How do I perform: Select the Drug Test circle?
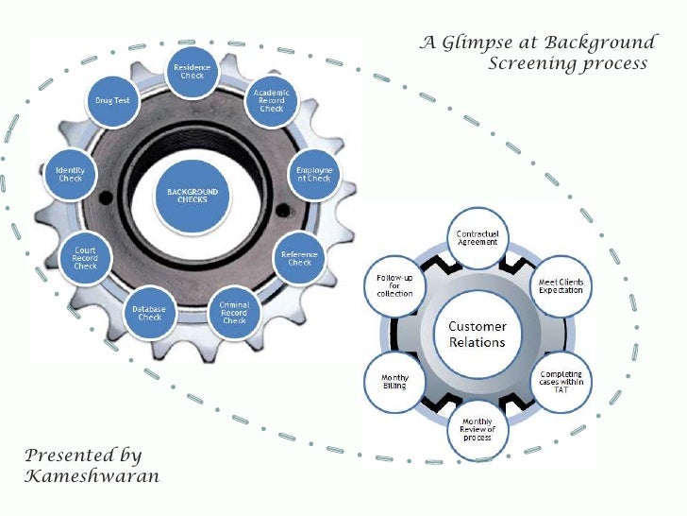(112, 100)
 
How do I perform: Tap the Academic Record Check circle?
(272, 99)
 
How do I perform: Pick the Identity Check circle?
(71, 175)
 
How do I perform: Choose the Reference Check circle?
(299, 257)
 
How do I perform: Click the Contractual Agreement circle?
(478, 239)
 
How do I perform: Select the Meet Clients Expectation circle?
(561, 284)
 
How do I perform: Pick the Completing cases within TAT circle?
(561, 381)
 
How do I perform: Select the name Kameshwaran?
(92, 476)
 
